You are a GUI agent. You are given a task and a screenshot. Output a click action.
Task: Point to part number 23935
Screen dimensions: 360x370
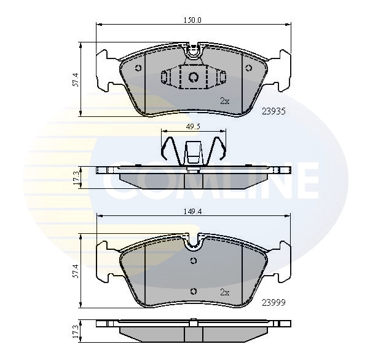[273, 111]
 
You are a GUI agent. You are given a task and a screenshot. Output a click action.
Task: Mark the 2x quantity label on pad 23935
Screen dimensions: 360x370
[224, 100]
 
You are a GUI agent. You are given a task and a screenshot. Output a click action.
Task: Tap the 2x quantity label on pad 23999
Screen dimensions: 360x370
[224, 292]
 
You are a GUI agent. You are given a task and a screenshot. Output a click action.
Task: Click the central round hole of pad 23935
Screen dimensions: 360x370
[194, 78]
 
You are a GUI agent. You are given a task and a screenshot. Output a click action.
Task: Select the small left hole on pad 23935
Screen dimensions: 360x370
[138, 68]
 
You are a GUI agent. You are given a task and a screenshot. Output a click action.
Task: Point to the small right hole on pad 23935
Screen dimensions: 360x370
[249, 68]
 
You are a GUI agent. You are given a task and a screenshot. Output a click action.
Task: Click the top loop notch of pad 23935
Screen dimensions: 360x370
[194, 53]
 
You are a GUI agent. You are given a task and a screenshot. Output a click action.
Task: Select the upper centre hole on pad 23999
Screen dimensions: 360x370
[194, 260]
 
